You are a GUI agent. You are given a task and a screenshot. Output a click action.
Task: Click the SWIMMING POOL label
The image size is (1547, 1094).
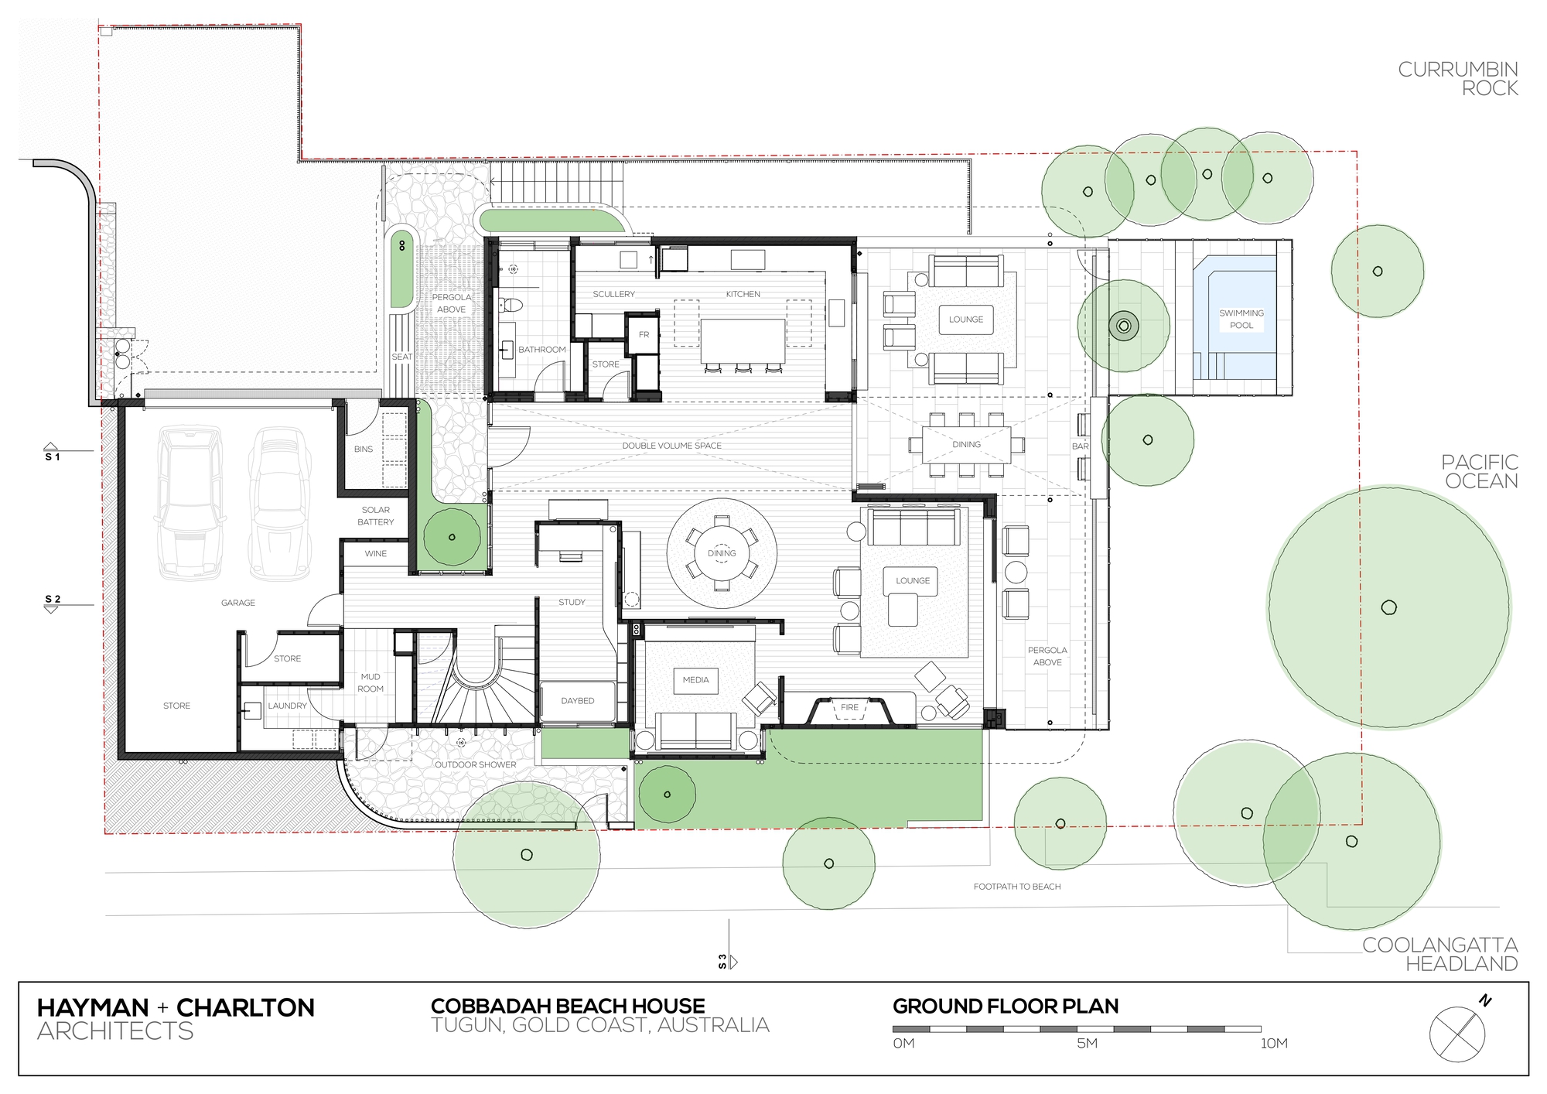pyautogui.click(x=1241, y=319)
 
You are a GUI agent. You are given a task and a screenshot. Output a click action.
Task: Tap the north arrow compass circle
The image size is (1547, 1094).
pyautogui.click(x=1457, y=1034)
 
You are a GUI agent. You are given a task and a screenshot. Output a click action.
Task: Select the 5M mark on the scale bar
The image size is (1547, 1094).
pyautogui.click(x=1087, y=1043)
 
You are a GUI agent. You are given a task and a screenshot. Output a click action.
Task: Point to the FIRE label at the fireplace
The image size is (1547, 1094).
pyautogui.click(x=849, y=707)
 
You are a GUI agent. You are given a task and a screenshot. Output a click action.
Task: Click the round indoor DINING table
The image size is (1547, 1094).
pyautogui.click(x=722, y=553)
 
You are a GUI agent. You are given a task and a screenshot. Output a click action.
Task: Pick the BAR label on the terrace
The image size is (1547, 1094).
pyautogui.click(x=1080, y=446)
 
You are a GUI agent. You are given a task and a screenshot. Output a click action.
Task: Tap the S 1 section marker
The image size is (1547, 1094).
pyautogui.click(x=52, y=453)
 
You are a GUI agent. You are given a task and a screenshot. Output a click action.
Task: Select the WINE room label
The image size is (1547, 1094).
pyautogui.click(x=376, y=554)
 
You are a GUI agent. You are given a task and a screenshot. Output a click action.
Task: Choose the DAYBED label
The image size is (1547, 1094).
pyautogui.click(x=578, y=701)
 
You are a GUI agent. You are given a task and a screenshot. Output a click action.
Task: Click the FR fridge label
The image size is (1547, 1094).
pyautogui.click(x=644, y=335)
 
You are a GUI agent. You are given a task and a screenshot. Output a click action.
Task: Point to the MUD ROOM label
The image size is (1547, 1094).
pyautogui.click(x=371, y=682)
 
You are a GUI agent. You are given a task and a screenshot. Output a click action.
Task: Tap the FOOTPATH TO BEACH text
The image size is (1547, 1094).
pyautogui.click(x=1016, y=887)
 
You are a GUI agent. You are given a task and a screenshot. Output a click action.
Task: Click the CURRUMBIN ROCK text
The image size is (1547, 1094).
pyautogui.click(x=1457, y=79)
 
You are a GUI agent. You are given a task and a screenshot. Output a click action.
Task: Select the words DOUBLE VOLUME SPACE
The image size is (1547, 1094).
pyautogui.click(x=671, y=446)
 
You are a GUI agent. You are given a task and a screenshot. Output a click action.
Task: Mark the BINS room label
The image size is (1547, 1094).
pyautogui.click(x=364, y=450)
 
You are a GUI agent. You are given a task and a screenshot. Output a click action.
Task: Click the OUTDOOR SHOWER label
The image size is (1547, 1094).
pyautogui.click(x=475, y=764)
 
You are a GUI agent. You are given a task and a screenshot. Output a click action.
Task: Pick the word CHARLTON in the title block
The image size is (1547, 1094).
pyautogui.click(x=245, y=1007)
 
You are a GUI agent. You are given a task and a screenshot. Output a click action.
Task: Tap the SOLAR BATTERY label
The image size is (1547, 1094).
pyautogui.click(x=376, y=516)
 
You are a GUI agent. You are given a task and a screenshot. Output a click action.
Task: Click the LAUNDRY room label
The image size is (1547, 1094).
pyautogui.click(x=287, y=706)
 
